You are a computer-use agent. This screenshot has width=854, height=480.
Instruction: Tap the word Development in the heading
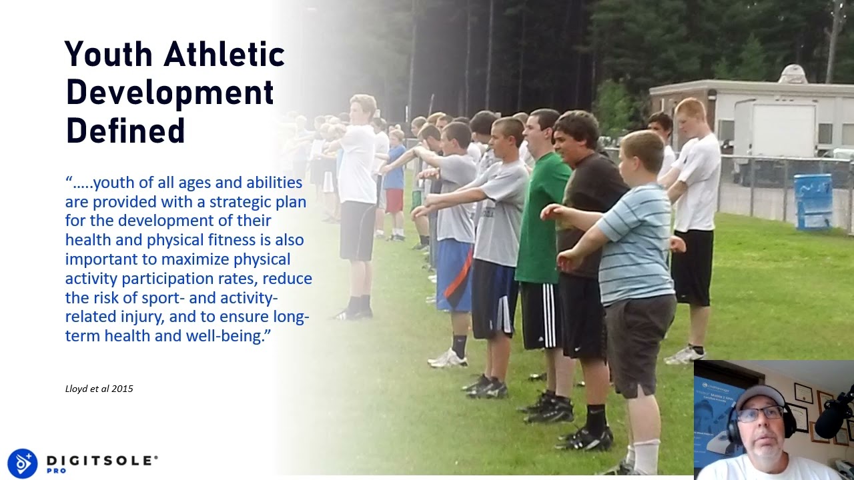click(170, 93)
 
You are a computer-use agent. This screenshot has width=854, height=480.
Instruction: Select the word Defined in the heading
click(125, 131)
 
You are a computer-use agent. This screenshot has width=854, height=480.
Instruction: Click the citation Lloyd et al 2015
click(99, 389)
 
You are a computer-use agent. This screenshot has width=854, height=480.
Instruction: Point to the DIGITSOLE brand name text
click(101, 460)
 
